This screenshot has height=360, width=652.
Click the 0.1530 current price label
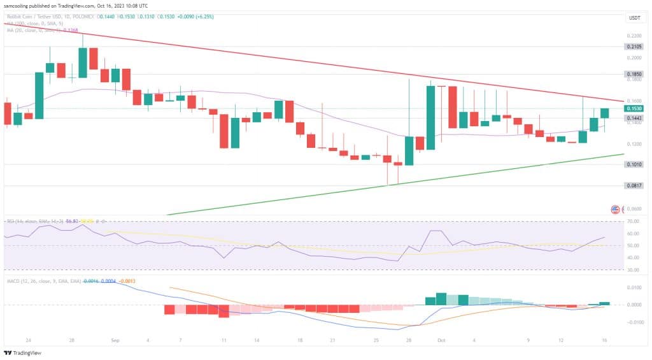tap(634, 109)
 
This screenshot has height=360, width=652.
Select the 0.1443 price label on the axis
tap(634, 118)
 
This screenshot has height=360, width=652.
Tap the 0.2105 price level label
tap(634, 47)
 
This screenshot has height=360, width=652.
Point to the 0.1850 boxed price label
tap(634, 74)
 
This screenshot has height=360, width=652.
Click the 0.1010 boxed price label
tap(634, 164)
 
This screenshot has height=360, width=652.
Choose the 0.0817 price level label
tap(634, 185)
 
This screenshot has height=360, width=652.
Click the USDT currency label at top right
tap(634, 18)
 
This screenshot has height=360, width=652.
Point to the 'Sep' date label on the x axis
tap(115, 341)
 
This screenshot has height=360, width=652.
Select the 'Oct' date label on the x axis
tap(441, 341)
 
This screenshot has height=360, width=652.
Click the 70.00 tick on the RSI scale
tap(634, 221)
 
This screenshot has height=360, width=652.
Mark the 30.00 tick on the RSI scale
tap(634, 270)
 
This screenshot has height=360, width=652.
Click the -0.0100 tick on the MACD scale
tap(634, 322)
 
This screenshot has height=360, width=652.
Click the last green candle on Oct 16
tap(604, 113)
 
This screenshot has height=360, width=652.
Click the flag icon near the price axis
tap(615, 210)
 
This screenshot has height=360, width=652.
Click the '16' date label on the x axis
tap(604, 341)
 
